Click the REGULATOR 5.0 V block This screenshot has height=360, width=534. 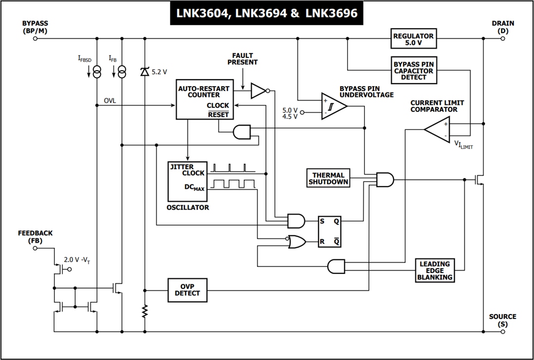tap(413, 40)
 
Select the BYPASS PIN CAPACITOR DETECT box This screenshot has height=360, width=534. tap(413, 71)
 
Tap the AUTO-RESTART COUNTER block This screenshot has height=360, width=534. tap(204, 99)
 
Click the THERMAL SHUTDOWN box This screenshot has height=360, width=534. tap(328, 178)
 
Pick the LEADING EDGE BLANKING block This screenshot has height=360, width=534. tap(435, 270)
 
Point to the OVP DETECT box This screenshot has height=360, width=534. tap(187, 290)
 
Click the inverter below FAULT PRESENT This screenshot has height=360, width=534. tap(259, 90)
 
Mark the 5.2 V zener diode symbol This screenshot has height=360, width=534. tap(144, 72)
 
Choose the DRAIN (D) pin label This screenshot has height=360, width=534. tap(502, 27)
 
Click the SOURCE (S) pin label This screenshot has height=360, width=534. tap(502, 320)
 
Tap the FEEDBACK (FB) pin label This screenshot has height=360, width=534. tap(35, 236)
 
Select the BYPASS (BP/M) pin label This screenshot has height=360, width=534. tap(35, 27)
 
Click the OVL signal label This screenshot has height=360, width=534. tap(110, 101)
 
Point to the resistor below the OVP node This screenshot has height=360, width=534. tap(144, 311)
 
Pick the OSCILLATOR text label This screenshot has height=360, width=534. tap(187, 208)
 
